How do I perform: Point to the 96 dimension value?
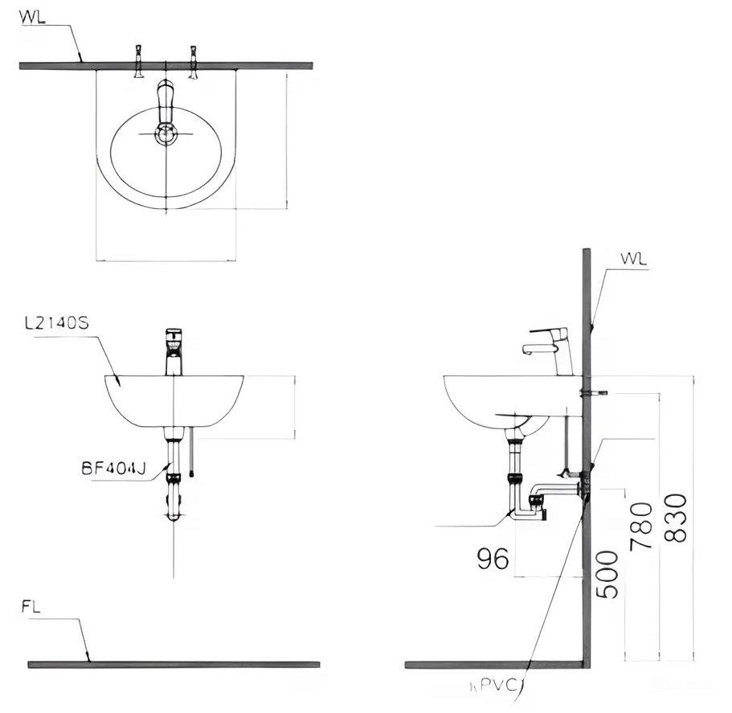coord(493,559)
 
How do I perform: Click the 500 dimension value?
coord(608,574)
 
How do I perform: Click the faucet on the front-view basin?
coord(174,352)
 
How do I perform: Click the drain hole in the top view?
coord(166,134)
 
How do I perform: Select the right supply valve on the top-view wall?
coord(193,63)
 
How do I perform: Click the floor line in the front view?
coord(173,664)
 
